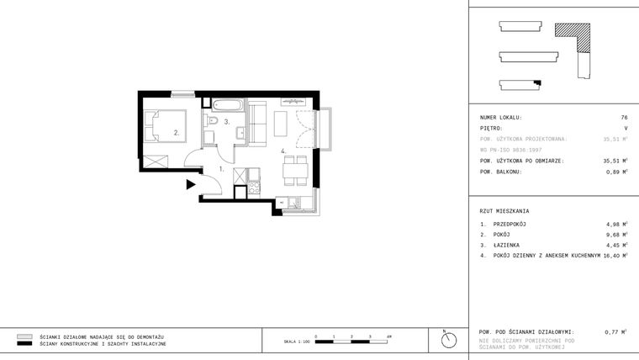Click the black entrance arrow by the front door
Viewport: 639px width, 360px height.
tap(191, 183)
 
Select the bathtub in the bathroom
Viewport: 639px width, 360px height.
tap(227, 106)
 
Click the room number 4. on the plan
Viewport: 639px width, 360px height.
tap(283, 151)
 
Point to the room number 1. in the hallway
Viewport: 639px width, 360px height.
tap(221, 168)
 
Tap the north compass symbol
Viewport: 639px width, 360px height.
tap(448, 340)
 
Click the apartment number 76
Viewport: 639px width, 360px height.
tap(624, 118)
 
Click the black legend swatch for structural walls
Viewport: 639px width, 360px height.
tap(24, 344)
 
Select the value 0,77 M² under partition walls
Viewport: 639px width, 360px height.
tap(616, 332)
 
